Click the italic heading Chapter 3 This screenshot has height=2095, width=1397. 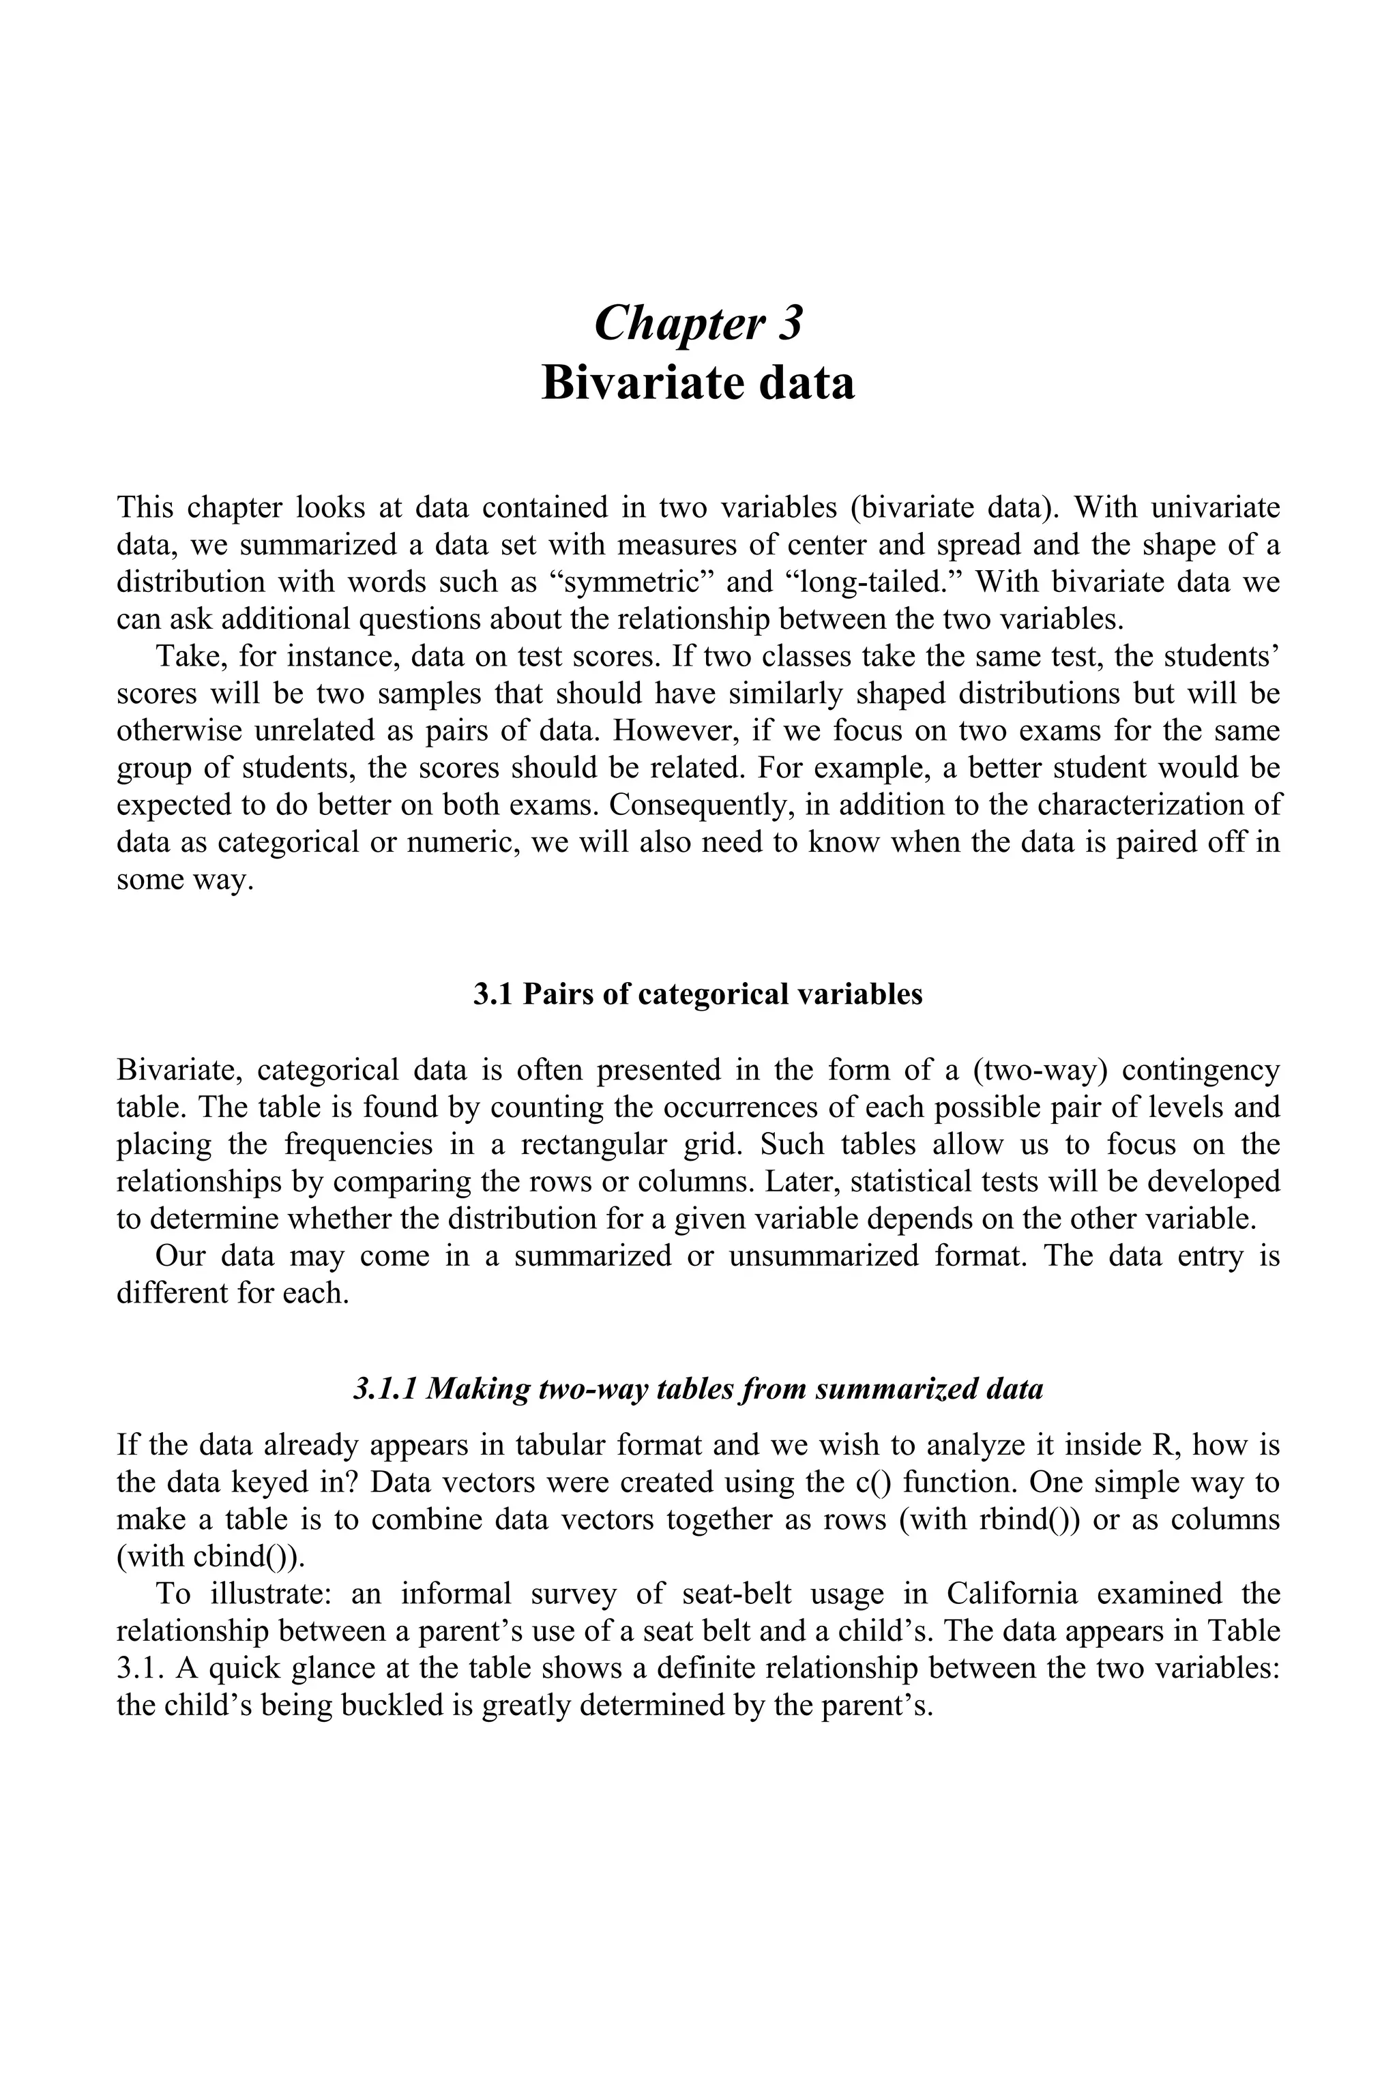pyautogui.click(x=698, y=323)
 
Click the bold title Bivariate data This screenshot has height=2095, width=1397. pyautogui.click(x=698, y=383)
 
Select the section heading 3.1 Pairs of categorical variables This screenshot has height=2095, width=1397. pyautogui.click(x=698, y=994)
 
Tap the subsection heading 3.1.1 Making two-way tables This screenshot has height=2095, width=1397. pyautogui.click(x=698, y=1388)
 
